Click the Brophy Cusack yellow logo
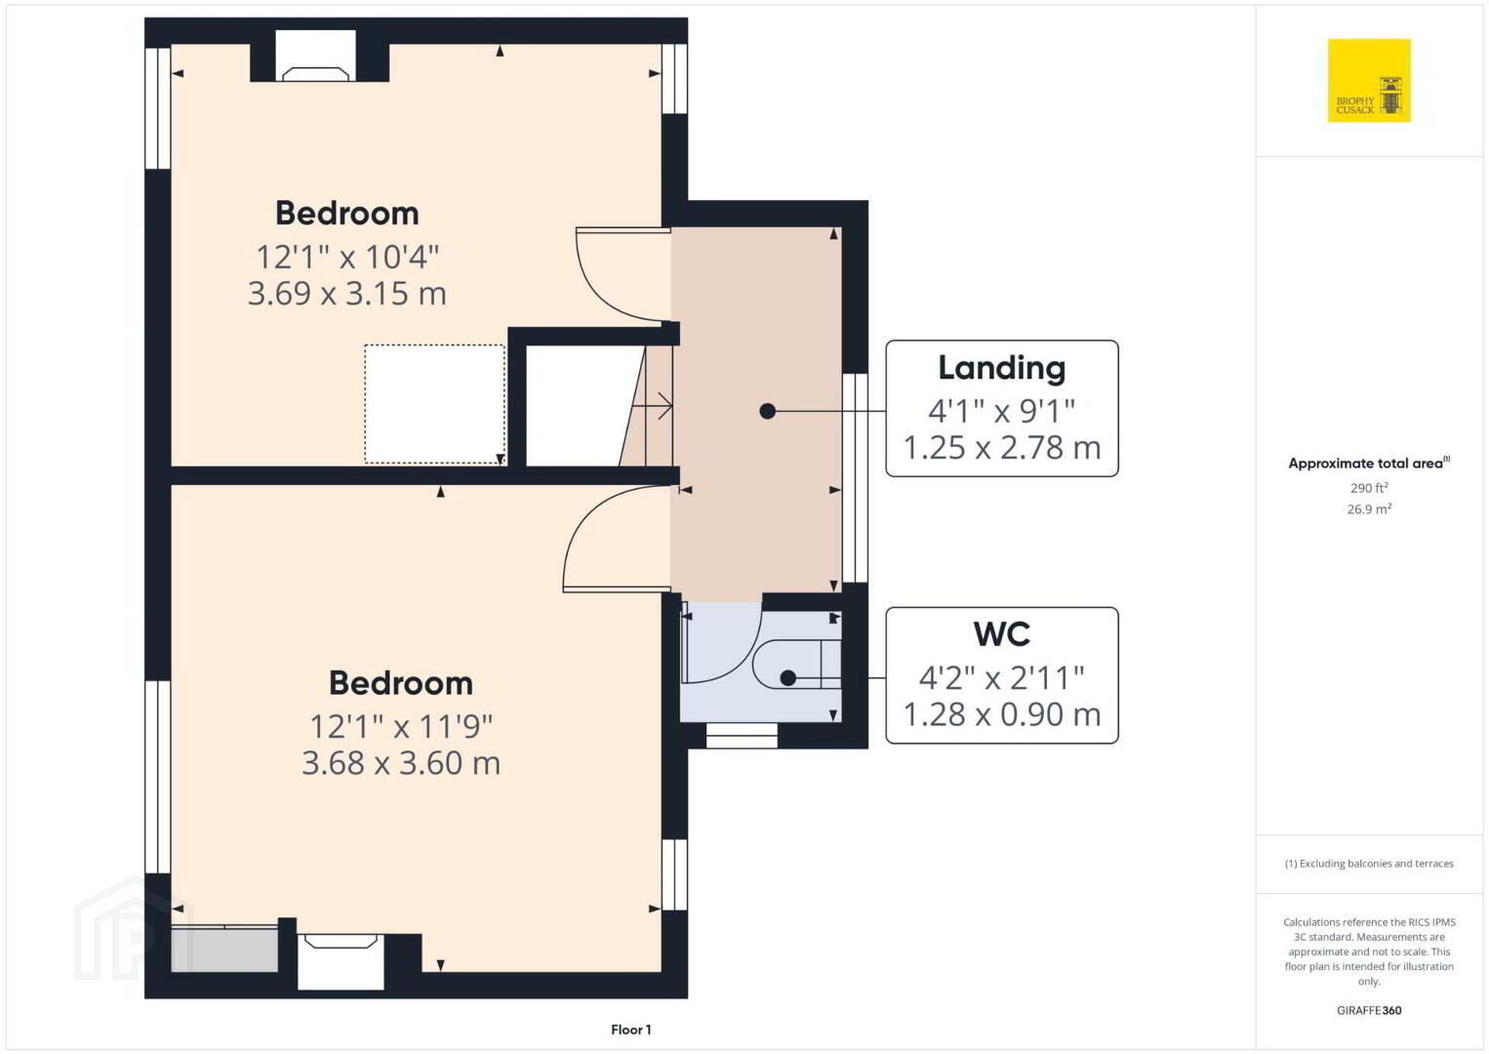click(x=1369, y=80)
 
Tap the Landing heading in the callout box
click(x=1002, y=368)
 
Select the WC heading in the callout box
click(x=1002, y=633)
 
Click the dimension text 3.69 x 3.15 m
click(x=347, y=293)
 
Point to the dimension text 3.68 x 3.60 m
click(x=401, y=763)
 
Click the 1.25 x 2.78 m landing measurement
click(x=1002, y=448)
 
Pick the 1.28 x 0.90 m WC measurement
click(x=1002, y=714)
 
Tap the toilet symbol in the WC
click(x=796, y=665)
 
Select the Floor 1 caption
click(x=631, y=1030)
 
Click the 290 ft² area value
click(x=1369, y=487)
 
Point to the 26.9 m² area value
click(x=1369, y=509)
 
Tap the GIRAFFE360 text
click(x=1369, y=1010)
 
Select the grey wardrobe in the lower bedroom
click(x=224, y=949)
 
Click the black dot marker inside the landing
click(x=767, y=412)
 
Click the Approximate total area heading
click(x=1369, y=463)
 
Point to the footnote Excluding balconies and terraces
click(x=1369, y=864)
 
